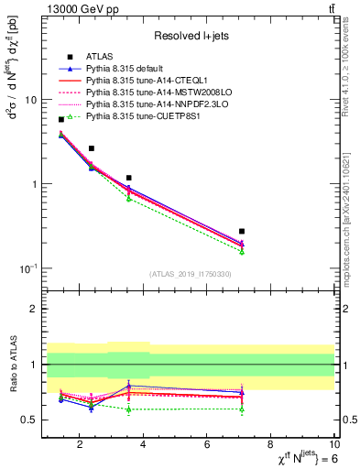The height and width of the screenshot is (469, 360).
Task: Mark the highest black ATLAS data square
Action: tap(61, 119)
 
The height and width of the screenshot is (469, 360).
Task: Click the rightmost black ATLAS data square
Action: tap(242, 232)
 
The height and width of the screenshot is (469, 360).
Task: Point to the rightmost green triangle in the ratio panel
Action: tap(242, 409)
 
